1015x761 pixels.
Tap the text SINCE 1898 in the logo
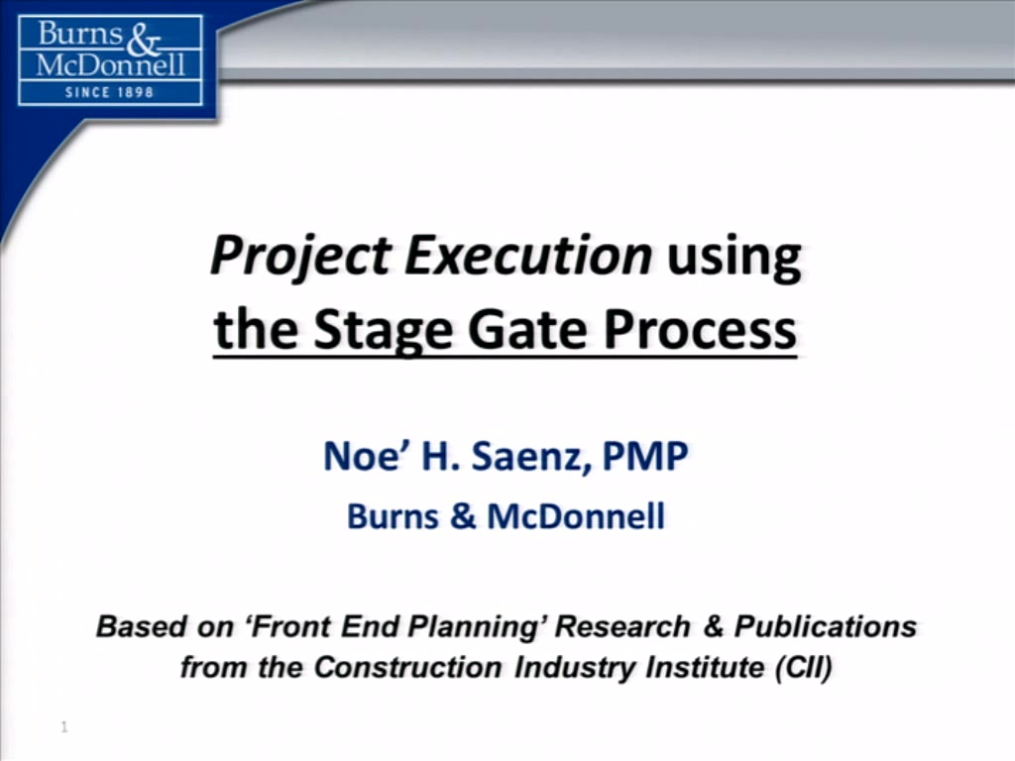coord(109,92)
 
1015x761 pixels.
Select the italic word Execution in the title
coord(528,255)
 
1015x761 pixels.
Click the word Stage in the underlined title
coord(382,331)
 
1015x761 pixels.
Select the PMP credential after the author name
coord(644,456)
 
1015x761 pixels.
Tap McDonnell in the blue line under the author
coord(576,516)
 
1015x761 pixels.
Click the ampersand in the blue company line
coord(463,516)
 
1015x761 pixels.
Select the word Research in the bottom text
coord(622,626)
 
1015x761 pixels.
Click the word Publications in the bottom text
coord(826,626)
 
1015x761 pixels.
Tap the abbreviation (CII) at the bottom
coord(804,667)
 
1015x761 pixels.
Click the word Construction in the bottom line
coord(407,667)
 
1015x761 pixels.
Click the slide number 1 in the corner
coord(64,727)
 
